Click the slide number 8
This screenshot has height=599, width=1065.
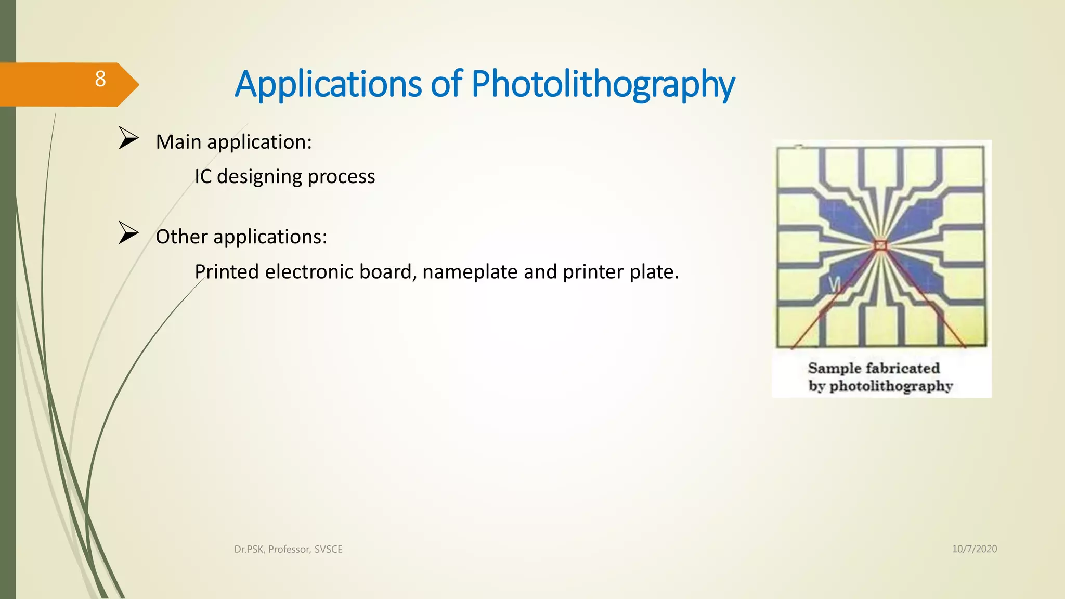coord(100,79)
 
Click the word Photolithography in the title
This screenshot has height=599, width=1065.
coord(603,84)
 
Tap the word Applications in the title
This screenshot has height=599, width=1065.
coord(328,84)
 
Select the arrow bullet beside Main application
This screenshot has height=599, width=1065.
coord(128,138)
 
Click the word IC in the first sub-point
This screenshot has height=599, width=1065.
coord(203,177)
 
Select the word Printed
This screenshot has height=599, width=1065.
coord(227,272)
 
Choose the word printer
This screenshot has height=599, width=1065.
coord(593,272)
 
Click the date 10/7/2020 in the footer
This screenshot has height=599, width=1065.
coord(975,549)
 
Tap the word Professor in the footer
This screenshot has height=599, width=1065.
coord(289,550)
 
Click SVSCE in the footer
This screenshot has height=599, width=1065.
coord(328,550)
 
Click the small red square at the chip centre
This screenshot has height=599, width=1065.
coord(880,245)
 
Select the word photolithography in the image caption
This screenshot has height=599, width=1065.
coord(891,386)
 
